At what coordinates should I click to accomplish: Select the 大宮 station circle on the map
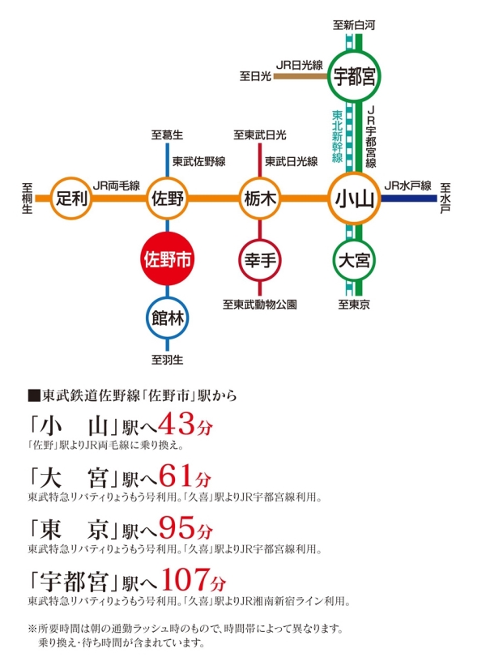tap(355, 261)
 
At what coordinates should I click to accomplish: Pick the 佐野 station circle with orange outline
tap(167, 198)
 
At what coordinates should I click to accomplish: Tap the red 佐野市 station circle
tap(167, 260)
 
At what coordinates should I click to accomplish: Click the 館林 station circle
tap(167, 317)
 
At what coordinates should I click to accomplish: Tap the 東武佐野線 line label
tap(198, 161)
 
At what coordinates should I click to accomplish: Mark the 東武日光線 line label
tap(291, 161)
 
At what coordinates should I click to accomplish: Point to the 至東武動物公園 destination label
tap(260, 305)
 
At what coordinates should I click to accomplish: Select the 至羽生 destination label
tap(168, 357)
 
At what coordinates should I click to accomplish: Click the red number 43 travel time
tap(178, 424)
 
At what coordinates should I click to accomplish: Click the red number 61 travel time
tap(178, 476)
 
